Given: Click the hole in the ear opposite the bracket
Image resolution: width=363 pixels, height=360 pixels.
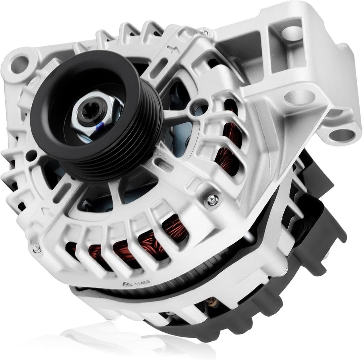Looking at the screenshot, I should pos(20,63).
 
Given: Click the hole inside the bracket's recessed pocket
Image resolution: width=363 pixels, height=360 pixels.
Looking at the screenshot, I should pos(291,33).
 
